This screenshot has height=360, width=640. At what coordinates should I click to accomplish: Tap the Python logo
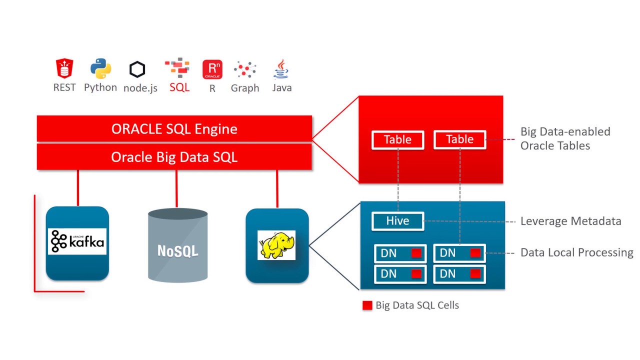[x=100, y=69]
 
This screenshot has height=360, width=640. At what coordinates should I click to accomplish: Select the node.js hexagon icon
[x=137, y=69]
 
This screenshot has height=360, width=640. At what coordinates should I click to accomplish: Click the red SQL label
[x=179, y=87]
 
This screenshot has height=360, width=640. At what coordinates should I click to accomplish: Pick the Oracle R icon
[x=212, y=69]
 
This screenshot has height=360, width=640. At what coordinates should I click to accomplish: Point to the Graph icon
[x=245, y=70]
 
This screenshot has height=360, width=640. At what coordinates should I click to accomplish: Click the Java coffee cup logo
[x=281, y=69]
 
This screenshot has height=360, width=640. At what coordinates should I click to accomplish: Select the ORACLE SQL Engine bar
[x=174, y=129]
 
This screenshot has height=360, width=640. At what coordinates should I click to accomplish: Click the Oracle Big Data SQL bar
[x=174, y=157]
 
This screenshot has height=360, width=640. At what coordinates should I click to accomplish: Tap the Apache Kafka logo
[x=77, y=241]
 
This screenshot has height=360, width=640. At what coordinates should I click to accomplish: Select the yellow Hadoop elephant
[x=276, y=244]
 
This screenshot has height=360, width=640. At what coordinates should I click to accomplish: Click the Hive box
[x=397, y=221]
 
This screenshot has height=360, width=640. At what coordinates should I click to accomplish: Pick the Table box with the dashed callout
[x=459, y=139]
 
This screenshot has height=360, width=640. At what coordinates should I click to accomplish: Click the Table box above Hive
[x=397, y=139]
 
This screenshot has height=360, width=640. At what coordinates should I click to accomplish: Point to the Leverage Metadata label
[x=570, y=221]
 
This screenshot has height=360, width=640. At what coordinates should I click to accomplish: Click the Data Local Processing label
[x=576, y=252]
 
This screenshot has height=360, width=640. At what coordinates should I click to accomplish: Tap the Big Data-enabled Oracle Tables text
[x=565, y=138]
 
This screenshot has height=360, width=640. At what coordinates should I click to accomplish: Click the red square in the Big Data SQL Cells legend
[x=367, y=305]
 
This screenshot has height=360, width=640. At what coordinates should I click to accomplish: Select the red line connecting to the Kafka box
[x=78, y=188]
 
